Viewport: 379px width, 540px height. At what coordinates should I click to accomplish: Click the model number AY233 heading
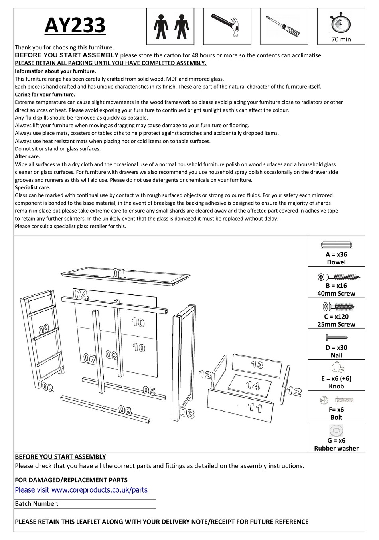click(x=75, y=25)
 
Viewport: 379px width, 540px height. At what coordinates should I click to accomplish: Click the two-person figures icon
click(x=170, y=25)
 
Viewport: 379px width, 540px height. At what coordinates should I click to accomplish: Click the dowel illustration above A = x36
click(x=336, y=245)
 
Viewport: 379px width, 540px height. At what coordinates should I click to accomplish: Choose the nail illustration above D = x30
click(x=336, y=338)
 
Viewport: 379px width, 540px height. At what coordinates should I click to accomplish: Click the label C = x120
click(x=336, y=316)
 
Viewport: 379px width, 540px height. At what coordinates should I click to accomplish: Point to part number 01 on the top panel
click(x=119, y=274)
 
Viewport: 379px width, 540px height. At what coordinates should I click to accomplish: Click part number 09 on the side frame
click(x=44, y=329)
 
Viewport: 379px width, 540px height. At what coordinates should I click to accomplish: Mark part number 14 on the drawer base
click(x=253, y=385)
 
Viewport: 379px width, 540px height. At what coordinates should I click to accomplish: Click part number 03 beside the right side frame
click(x=187, y=413)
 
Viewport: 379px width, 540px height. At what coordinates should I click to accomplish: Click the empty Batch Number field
click(x=107, y=504)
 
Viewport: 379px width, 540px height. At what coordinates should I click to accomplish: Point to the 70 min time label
click(x=341, y=39)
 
